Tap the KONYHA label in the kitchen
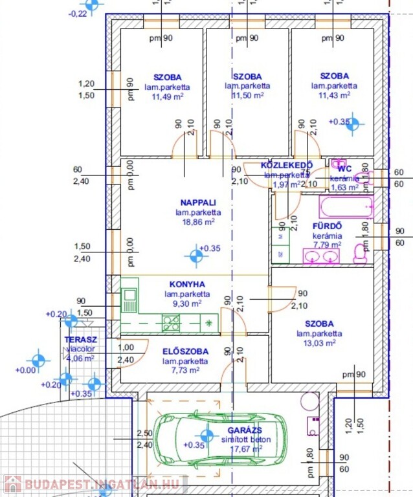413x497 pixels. (187, 284)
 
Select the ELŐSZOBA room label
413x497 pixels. (185, 351)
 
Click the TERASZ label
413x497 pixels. (81, 339)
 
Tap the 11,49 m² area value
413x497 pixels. (168, 96)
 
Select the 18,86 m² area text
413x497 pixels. (198, 221)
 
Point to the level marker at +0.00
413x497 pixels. (39, 359)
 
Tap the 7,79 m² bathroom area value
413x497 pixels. (326, 245)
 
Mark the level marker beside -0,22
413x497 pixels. (93, 5)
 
